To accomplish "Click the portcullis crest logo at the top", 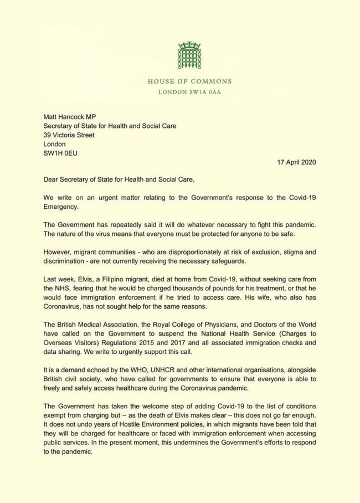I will click(x=189, y=55).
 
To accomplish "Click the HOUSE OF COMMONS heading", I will click(x=189, y=81).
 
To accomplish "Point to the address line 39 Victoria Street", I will click(x=69, y=135).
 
